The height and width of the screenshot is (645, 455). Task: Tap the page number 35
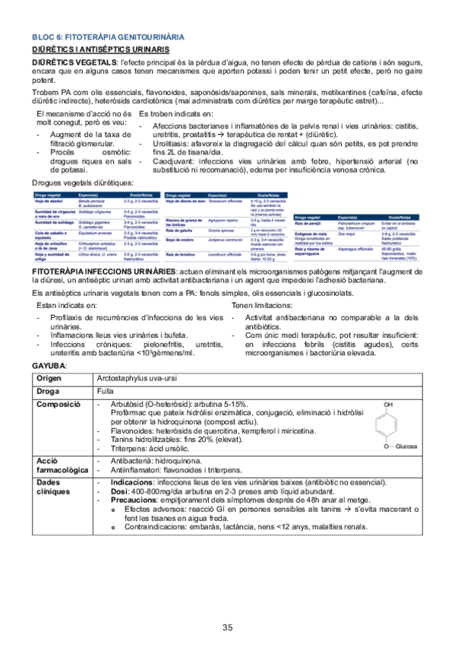pos(227,606)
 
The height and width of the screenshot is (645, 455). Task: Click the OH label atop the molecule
pos(388,405)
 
